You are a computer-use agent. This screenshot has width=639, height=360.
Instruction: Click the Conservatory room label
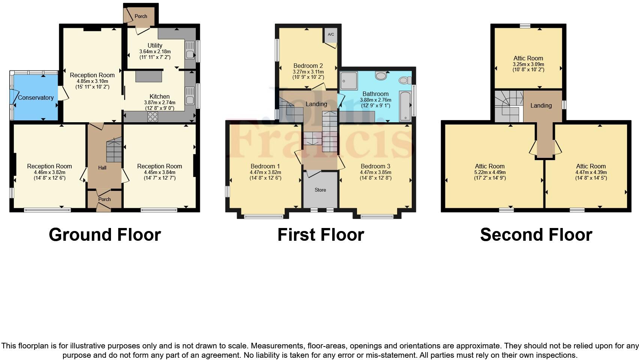(36, 97)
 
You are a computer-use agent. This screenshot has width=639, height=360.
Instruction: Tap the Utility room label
(155, 45)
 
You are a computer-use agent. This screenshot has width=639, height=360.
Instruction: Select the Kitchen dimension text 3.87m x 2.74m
(160, 102)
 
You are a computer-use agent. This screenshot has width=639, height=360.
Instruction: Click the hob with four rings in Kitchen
(153, 117)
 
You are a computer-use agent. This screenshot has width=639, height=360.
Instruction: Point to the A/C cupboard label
(331, 34)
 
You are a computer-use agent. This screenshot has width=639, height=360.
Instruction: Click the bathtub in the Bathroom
(405, 106)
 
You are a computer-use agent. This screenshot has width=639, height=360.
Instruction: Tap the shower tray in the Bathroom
(349, 81)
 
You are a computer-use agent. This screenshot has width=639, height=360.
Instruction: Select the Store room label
(320, 190)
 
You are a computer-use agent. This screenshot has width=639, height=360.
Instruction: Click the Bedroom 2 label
(308, 66)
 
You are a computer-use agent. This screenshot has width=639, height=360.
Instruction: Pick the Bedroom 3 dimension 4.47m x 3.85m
(376, 172)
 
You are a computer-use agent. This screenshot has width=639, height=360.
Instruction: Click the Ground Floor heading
(105, 235)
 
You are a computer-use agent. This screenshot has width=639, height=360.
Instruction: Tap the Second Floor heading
(536, 235)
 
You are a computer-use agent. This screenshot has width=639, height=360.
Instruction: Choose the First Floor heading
(321, 235)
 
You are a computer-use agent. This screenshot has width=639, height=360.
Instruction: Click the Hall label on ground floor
(102, 168)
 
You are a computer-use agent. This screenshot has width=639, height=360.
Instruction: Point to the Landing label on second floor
(541, 105)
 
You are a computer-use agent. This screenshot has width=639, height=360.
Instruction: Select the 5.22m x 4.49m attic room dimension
(490, 172)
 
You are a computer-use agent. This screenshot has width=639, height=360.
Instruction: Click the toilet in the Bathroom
(405, 81)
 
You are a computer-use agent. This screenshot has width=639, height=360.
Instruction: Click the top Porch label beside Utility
(141, 16)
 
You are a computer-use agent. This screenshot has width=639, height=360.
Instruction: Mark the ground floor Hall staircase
(114, 150)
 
